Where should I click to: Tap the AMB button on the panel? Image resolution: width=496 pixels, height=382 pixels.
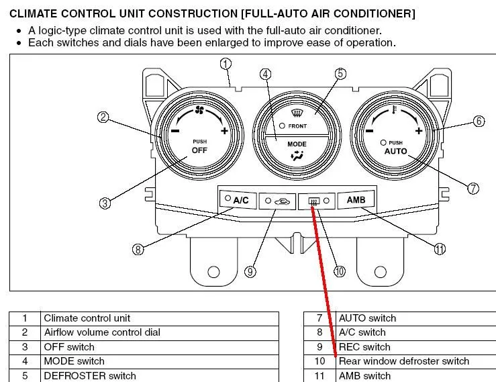coord(355,199)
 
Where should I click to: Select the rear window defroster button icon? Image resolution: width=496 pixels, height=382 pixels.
coord(313,200)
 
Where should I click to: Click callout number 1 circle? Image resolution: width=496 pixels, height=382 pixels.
coord(226,64)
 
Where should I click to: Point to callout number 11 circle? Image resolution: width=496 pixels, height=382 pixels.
coord(440,249)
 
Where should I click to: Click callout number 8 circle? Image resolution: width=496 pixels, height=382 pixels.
coord(138,249)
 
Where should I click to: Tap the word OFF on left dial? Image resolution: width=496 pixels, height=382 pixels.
coord(199,150)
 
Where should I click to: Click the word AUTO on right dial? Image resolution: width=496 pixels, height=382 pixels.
coord(396,152)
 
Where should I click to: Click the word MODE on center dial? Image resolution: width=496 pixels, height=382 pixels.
coord(297,144)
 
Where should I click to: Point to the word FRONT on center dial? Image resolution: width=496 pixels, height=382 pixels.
coord(297,126)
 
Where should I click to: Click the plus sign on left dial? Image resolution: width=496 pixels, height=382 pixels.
coord(224,131)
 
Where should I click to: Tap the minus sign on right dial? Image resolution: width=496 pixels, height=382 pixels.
coord(368,132)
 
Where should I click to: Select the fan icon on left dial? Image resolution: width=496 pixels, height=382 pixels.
coord(199,111)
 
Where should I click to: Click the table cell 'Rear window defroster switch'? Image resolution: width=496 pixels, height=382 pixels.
coord(403,361)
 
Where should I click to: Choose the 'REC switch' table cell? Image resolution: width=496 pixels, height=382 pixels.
coord(364,347)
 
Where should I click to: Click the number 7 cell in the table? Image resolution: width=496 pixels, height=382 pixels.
coord(319,318)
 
